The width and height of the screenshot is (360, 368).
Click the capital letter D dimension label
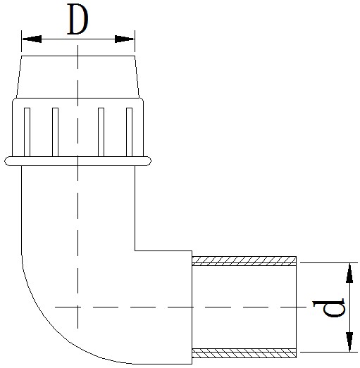(77, 19)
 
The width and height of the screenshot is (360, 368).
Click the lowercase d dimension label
(329, 307)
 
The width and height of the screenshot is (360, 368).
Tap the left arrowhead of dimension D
(32, 39)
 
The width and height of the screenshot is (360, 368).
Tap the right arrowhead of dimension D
(125, 39)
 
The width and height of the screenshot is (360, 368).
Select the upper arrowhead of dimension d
(349, 273)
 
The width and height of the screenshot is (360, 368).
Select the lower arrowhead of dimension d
(349, 342)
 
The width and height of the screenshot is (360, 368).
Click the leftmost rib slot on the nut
(27, 132)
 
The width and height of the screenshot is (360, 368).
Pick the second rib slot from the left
(55, 132)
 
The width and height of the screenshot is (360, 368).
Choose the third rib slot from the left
(101, 132)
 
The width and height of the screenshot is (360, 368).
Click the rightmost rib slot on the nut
(129, 132)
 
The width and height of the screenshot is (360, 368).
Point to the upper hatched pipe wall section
(244, 261)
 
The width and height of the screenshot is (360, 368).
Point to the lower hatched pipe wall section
(244, 353)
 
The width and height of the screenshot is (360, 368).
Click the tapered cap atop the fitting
(77, 77)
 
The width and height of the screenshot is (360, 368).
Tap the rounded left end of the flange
(7, 161)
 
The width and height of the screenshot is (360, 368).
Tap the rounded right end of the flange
(149, 161)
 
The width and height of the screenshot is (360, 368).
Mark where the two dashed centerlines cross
(77, 307)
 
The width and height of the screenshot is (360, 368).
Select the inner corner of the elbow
(135, 250)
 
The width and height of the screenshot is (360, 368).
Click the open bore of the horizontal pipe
(244, 307)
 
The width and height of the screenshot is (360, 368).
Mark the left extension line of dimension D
(22, 41)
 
